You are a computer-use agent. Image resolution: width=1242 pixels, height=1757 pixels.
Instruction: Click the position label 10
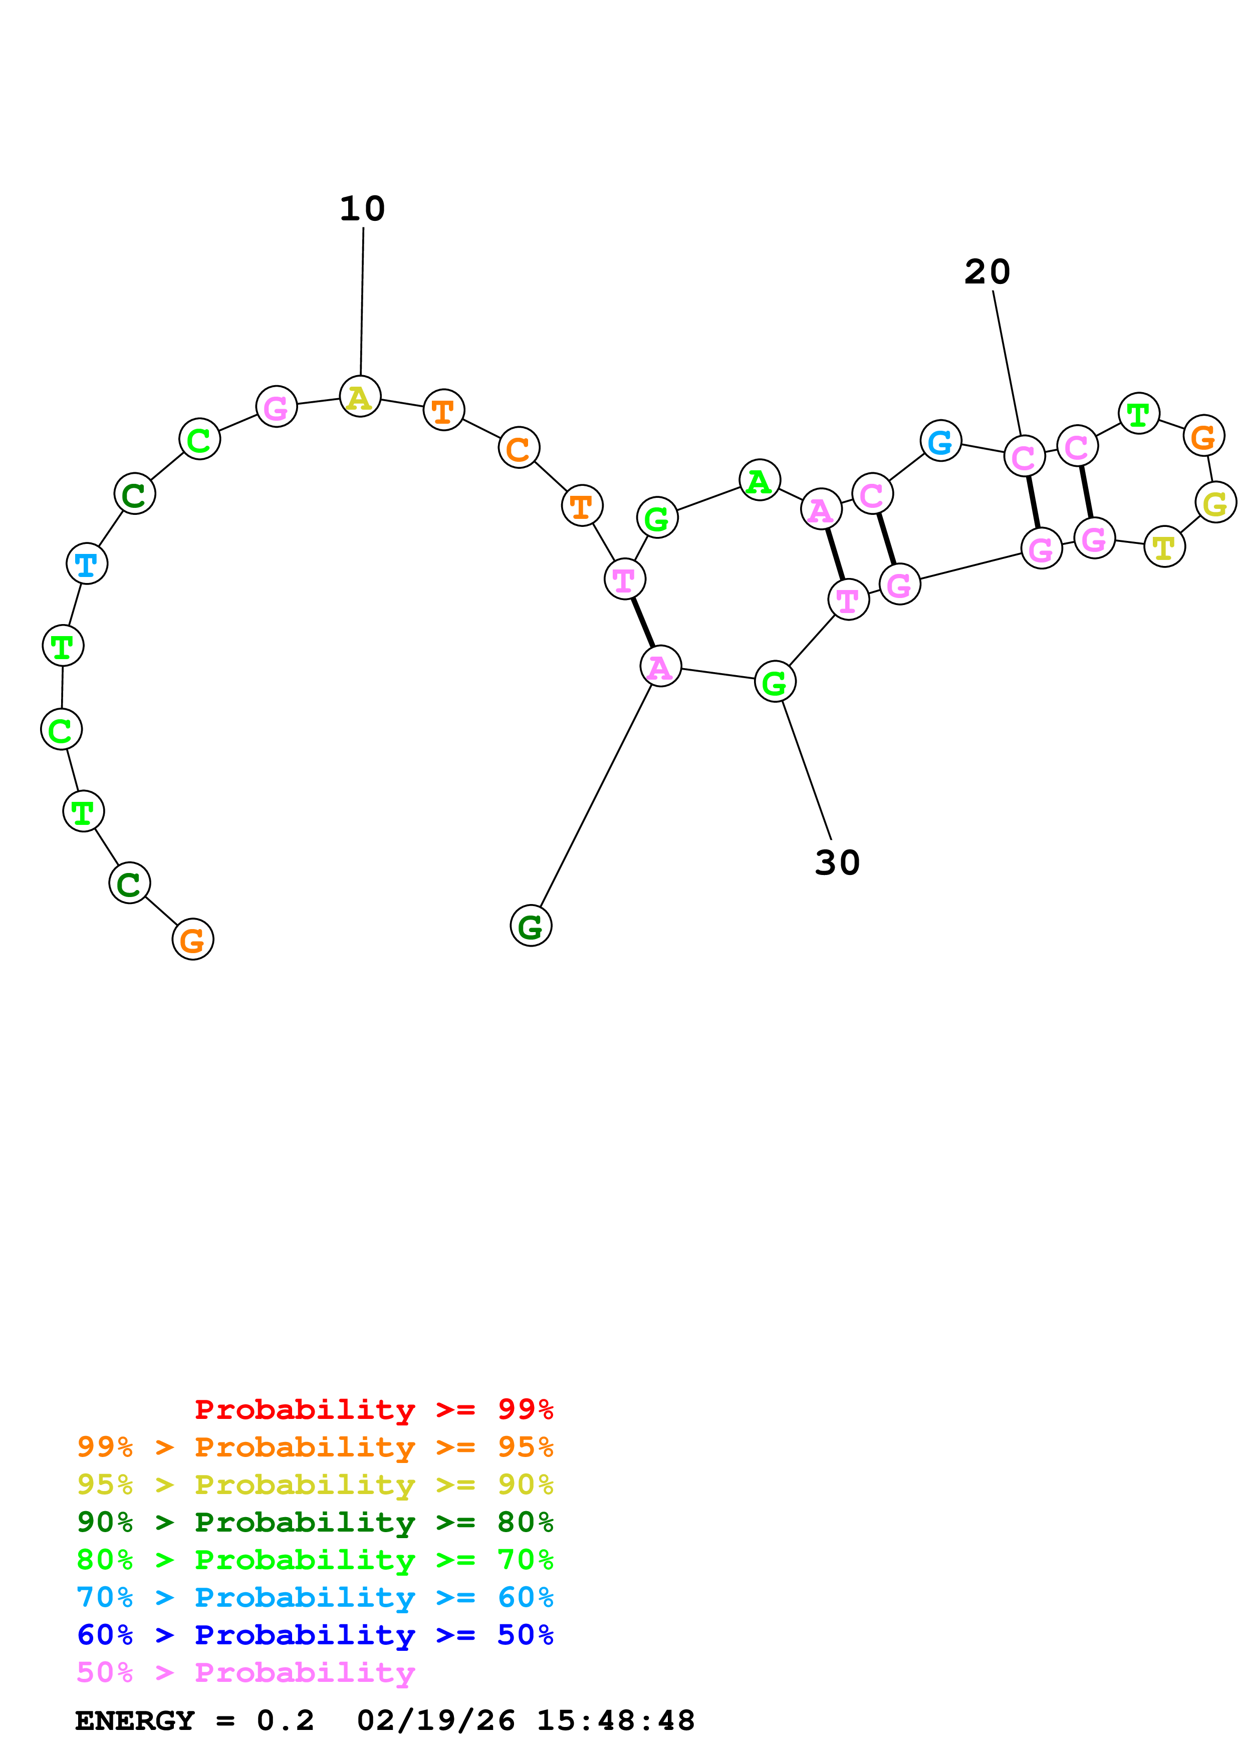tap(362, 209)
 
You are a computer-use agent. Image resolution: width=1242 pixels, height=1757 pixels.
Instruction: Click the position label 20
tap(986, 272)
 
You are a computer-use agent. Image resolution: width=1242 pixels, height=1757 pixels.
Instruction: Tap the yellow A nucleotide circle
tap(360, 396)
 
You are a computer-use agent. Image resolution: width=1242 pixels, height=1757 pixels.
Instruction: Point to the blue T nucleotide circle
tap(87, 564)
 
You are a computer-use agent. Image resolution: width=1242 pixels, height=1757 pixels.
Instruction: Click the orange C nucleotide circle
tap(519, 448)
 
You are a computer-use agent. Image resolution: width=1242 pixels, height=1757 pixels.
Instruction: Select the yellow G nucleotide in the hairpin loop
tap(1215, 503)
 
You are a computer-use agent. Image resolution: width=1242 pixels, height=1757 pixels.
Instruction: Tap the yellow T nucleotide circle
tap(1164, 547)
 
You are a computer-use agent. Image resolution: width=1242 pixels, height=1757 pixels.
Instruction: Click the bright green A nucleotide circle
tap(759, 481)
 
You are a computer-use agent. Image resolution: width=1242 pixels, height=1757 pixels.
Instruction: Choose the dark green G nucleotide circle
tap(531, 926)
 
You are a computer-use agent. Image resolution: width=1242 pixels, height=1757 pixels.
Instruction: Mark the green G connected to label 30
tap(775, 682)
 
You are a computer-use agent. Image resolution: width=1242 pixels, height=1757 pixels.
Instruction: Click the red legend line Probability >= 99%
tap(373, 1409)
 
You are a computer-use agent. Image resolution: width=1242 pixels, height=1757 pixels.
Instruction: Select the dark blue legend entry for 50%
tap(315, 1635)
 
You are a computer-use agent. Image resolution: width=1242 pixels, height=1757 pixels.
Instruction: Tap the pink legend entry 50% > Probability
tap(245, 1673)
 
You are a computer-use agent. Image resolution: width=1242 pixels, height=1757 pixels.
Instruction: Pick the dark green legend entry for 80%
tap(315, 1522)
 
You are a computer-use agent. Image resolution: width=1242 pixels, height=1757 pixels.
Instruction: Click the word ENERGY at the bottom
tap(135, 1721)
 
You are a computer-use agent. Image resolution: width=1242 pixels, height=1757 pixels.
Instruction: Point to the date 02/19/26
tap(435, 1721)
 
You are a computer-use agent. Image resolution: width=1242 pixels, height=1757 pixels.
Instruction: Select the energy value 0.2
tap(285, 1721)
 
